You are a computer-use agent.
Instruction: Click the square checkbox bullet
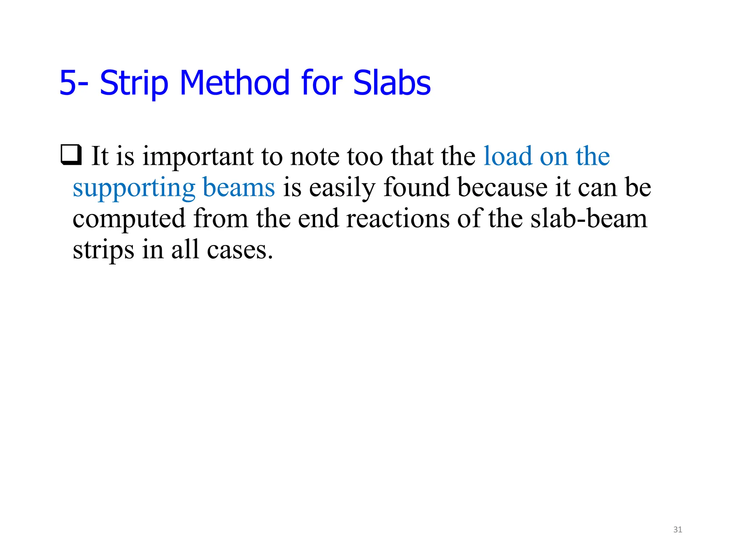click(71, 155)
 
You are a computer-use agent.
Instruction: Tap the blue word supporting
click(134, 188)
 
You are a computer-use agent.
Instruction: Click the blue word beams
click(239, 188)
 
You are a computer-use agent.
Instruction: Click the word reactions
click(398, 219)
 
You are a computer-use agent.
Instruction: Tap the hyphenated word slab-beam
click(589, 219)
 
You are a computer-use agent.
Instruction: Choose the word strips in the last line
click(103, 250)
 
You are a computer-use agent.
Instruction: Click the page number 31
click(678, 530)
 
